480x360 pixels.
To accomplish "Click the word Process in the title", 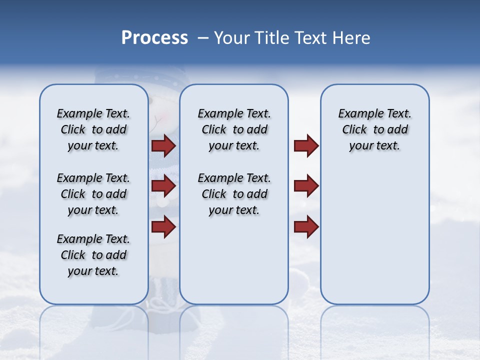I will pos(154,38).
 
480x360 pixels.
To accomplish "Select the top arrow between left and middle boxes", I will pos(163,146).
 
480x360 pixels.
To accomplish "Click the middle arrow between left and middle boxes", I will pos(163,186).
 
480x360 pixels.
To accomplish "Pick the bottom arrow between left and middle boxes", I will pos(163,226).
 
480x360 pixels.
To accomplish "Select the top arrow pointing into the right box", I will pos(306,146).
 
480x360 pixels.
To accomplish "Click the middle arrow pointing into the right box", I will pos(306,186).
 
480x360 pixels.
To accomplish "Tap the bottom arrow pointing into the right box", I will pos(306,226).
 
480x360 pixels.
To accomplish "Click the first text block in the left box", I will pos(93,129).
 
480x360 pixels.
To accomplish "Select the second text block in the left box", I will pos(93,194).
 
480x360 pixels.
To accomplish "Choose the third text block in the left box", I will pos(93,255).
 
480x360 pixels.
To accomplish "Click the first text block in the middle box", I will pos(234,129).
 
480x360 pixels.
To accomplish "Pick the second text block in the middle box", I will pos(234,194).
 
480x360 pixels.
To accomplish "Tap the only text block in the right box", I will pos(374,129).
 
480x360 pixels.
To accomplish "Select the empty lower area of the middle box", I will pos(234,260).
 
